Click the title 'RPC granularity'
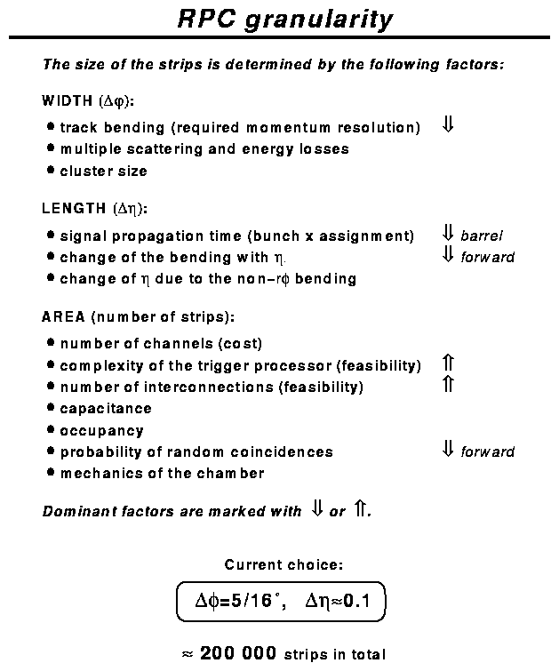(x=284, y=20)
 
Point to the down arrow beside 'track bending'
(x=448, y=125)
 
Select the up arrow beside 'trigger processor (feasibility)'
(x=448, y=363)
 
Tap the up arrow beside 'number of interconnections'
(x=448, y=385)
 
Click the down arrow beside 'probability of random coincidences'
(x=448, y=450)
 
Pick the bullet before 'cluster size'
(x=51, y=170)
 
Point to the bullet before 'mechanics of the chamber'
(x=51, y=473)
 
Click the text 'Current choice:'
(x=283, y=564)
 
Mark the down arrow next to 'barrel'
(x=448, y=234)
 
